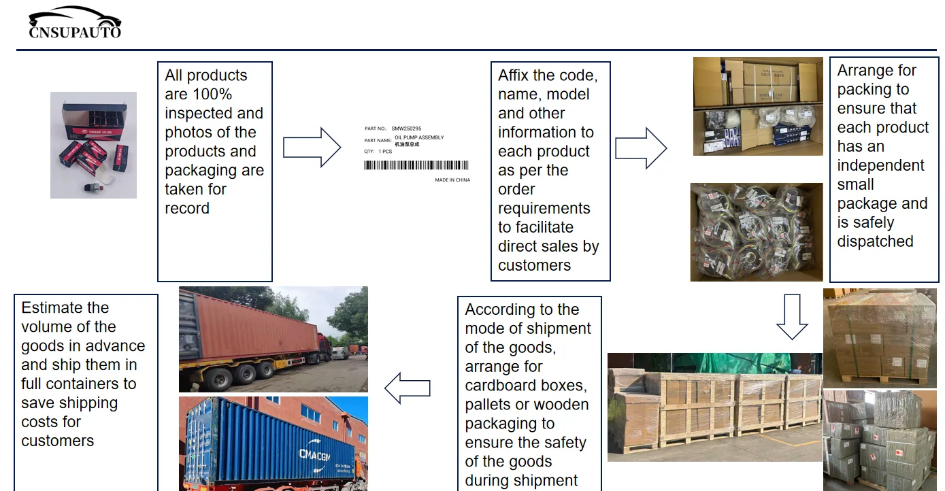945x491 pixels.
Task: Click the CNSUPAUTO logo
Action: pyautogui.click(x=75, y=23)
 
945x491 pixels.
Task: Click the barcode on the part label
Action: pyautogui.click(x=416, y=165)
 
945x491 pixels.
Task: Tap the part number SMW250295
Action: pyautogui.click(x=406, y=129)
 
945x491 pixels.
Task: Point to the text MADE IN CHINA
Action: pyautogui.click(x=452, y=180)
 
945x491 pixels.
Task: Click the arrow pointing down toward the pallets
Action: pyautogui.click(x=792, y=317)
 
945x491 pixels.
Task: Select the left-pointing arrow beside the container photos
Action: pyautogui.click(x=408, y=388)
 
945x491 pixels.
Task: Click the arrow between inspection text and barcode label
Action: pyautogui.click(x=312, y=147)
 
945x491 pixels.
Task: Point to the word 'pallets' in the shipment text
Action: pyautogui.click(x=489, y=405)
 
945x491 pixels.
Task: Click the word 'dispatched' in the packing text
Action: pyautogui.click(x=875, y=241)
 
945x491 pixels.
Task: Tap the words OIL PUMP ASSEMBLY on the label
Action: pyautogui.click(x=419, y=137)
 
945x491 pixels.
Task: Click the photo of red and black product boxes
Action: pyautogui.click(x=93, y=145)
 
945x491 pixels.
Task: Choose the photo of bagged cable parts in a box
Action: pyautogui.click(x=756, y=232)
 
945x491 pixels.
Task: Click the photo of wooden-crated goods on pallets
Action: pyautogui.click(x=714, y=407)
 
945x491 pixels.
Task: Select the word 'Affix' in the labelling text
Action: pyautogui.click(x=513, y=75)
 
